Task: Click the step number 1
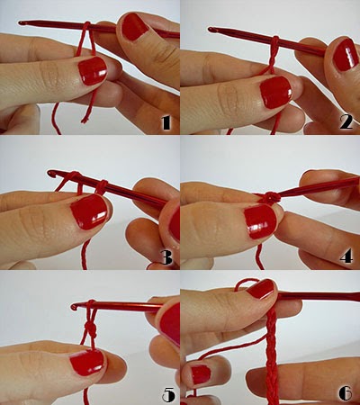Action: [166, 122]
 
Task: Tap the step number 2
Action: [346, 122]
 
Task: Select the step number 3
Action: [166, 257]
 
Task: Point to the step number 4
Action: [346, 257]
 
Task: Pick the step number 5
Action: [168, 394]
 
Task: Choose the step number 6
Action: [346, 393]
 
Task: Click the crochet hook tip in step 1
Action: [21, 22]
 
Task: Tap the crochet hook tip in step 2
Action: [211, 29]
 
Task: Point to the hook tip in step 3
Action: [51, 173]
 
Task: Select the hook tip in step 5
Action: [74, 307]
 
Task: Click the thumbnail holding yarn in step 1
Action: [93, 71]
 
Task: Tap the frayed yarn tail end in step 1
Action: [85, 120]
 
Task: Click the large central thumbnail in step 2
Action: [276, 92]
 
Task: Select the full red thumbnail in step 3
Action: [89, 211]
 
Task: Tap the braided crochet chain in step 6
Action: [272, 357]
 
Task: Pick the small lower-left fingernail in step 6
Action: [201, 374]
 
